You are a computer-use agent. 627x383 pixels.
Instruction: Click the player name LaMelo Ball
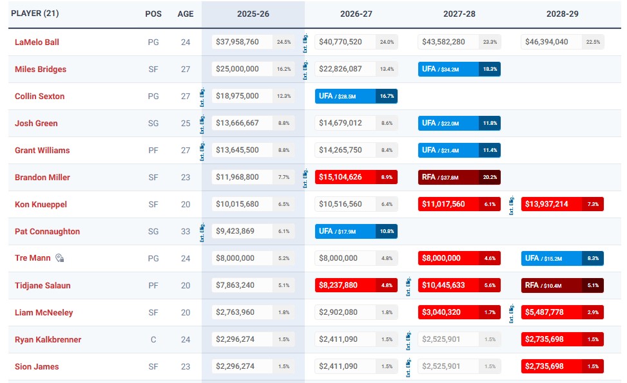[37, 42]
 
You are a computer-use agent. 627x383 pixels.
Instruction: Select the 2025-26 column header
[253, 14]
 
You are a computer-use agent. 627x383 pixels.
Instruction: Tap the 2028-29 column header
[561, 14]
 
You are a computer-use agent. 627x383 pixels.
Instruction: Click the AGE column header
[186, 14]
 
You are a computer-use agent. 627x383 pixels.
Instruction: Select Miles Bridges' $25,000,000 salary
[238, 69]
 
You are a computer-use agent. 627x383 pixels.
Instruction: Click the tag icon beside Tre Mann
[60, 258]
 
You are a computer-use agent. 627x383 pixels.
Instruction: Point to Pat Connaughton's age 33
[186, 231]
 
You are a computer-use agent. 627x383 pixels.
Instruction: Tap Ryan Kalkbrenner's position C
[153, 339]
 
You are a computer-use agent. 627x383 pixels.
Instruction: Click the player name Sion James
[37, 366]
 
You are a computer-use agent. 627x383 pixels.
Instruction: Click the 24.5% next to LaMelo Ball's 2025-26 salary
[284, 42]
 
